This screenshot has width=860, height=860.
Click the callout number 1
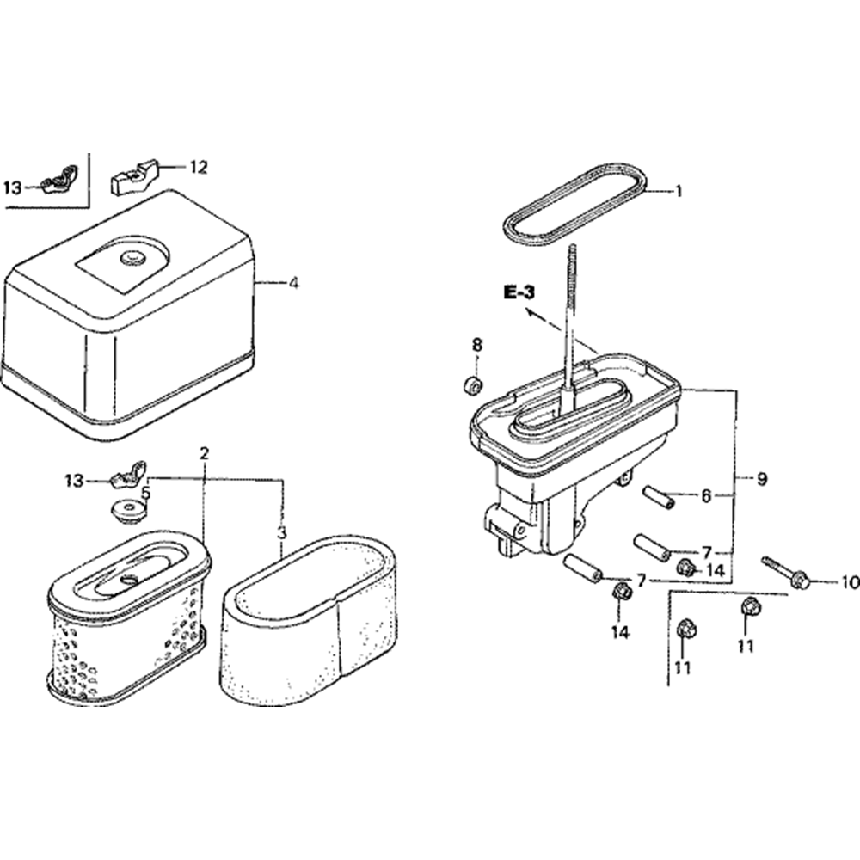[x=679, y=192]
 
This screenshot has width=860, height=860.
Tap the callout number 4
[x=294, y=283]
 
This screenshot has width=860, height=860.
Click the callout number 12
[x=199, y=168]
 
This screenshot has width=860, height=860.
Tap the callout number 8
[x=477, y=345]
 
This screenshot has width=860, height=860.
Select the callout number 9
[x=762, y=479]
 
